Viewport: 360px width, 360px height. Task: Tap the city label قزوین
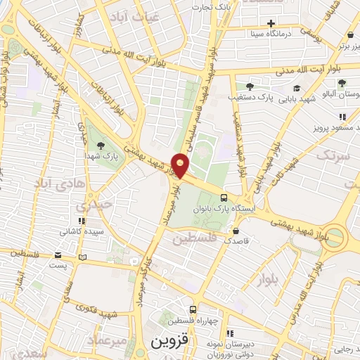pos(169,342)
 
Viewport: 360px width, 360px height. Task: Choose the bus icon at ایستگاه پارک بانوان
pos(224,198)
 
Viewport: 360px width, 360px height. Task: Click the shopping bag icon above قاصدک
pos(236,229)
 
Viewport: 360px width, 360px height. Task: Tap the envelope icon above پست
pos(56,255)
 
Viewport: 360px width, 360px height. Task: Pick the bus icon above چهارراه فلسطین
pos(193,309)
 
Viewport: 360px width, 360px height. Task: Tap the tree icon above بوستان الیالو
pos(340,83)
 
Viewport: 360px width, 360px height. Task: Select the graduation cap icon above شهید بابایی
pos(297,88)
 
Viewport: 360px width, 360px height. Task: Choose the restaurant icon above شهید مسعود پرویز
pos(342,116)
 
